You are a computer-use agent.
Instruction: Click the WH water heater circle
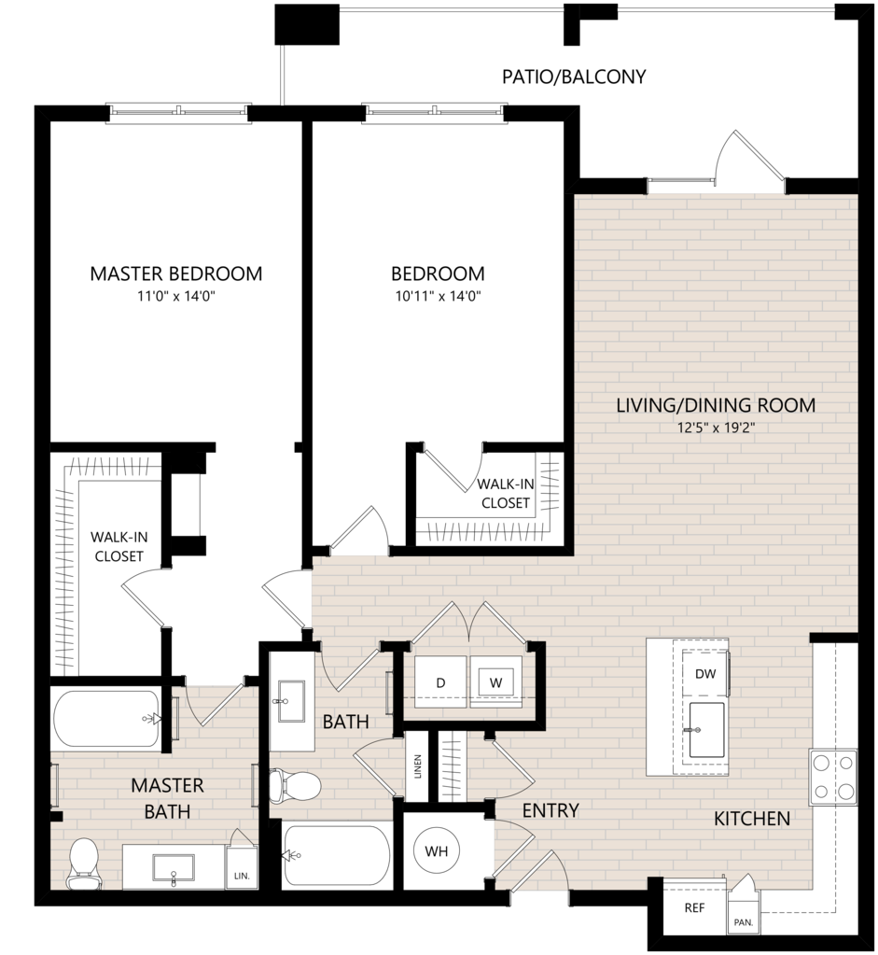coord(437,850)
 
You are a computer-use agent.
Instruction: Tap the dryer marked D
coord(440,682)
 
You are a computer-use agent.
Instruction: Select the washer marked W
coord(495,682)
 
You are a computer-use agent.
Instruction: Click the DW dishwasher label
coord(705,674)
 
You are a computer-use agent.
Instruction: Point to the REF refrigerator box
coord(695,907)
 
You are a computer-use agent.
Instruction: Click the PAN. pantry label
coord(744,922)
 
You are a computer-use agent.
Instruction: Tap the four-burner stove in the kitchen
coord(833,777)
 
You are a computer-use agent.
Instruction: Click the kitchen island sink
coord(706,730)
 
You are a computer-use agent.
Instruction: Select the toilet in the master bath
coord(83,864)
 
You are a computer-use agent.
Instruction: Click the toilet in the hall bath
coord(295,784)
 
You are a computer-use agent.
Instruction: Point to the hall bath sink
coord(292,701)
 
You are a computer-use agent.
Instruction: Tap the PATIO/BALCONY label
coord(574,77)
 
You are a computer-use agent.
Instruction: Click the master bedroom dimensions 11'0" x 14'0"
coord(176,297)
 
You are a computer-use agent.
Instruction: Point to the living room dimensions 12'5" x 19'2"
coord(716,428)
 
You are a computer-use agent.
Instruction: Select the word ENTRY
coord(550,810)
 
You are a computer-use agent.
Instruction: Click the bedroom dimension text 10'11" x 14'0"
coord(439,297)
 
